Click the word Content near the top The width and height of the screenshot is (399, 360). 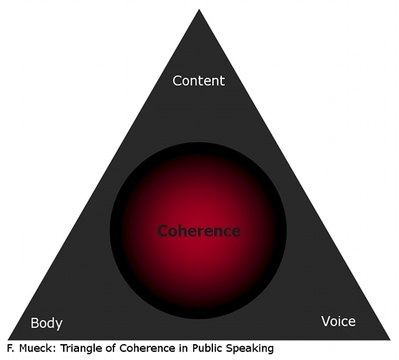click(x=199, y=81)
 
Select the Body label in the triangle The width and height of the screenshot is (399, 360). click(x=46, y=323)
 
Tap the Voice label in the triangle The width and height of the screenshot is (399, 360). click(x=338, y=322)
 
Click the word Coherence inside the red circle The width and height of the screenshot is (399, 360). click(x=199, y=231)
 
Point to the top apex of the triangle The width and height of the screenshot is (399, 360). click(x=199, y=10)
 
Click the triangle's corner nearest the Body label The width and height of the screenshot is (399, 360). click(x=8, y=339)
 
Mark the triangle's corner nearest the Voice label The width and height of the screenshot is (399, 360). click(x=390, y=339)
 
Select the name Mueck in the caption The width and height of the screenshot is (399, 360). click(x=38, y=348)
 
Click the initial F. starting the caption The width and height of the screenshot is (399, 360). click(x=10, y=348)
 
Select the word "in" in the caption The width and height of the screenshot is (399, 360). click(x=184, y=348)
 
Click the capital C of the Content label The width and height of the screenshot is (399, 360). click(x=177, y=81)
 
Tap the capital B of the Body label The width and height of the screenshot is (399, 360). click(x=35, y=322)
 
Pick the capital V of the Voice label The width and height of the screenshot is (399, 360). click(x=326, y=322)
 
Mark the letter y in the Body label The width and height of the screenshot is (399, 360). click(x=59, y=326)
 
